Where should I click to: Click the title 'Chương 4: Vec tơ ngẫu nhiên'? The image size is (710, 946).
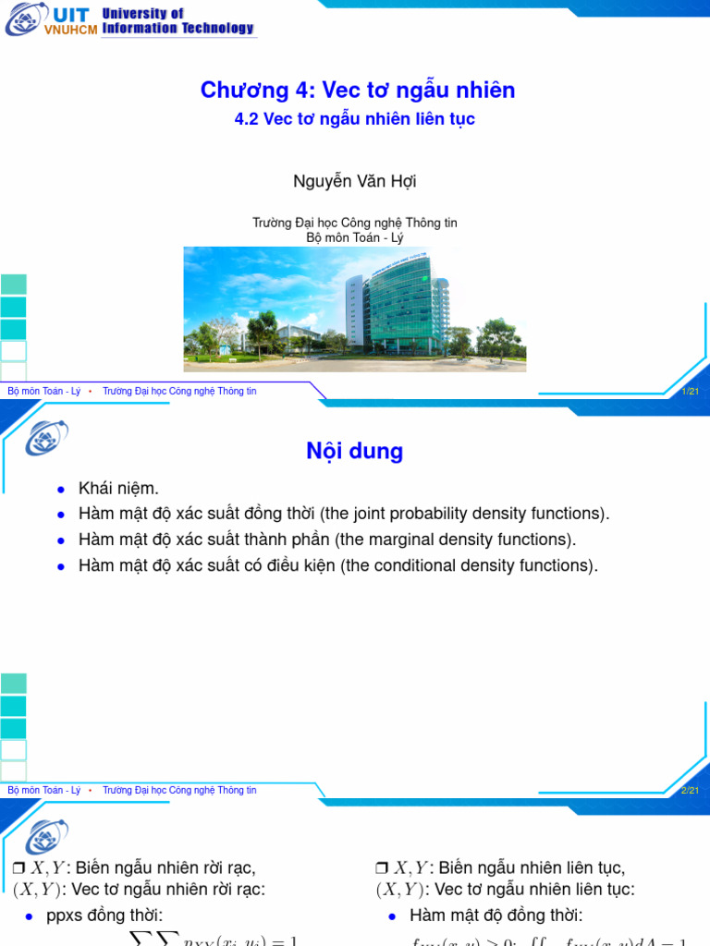point(357,90)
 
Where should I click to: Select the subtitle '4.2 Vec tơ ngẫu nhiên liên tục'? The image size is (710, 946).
point(356,119)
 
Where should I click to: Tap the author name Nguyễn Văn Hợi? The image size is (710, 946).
point(355,181)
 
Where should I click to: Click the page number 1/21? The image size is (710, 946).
point(690,392)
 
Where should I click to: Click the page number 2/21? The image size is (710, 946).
point(690,791)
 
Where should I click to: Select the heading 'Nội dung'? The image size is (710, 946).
point(355,451)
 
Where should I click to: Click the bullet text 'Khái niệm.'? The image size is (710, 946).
point(119,488)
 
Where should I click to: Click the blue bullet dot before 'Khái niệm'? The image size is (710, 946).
point(61,489)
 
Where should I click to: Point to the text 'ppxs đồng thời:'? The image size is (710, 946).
point(104,916)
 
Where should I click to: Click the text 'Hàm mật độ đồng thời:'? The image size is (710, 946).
point(496,916)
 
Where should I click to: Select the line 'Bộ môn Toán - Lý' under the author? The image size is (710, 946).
point(355,236)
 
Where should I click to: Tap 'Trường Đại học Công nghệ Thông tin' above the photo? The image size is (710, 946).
point(355,223)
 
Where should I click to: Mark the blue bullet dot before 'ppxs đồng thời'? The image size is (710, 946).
point(30,916)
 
